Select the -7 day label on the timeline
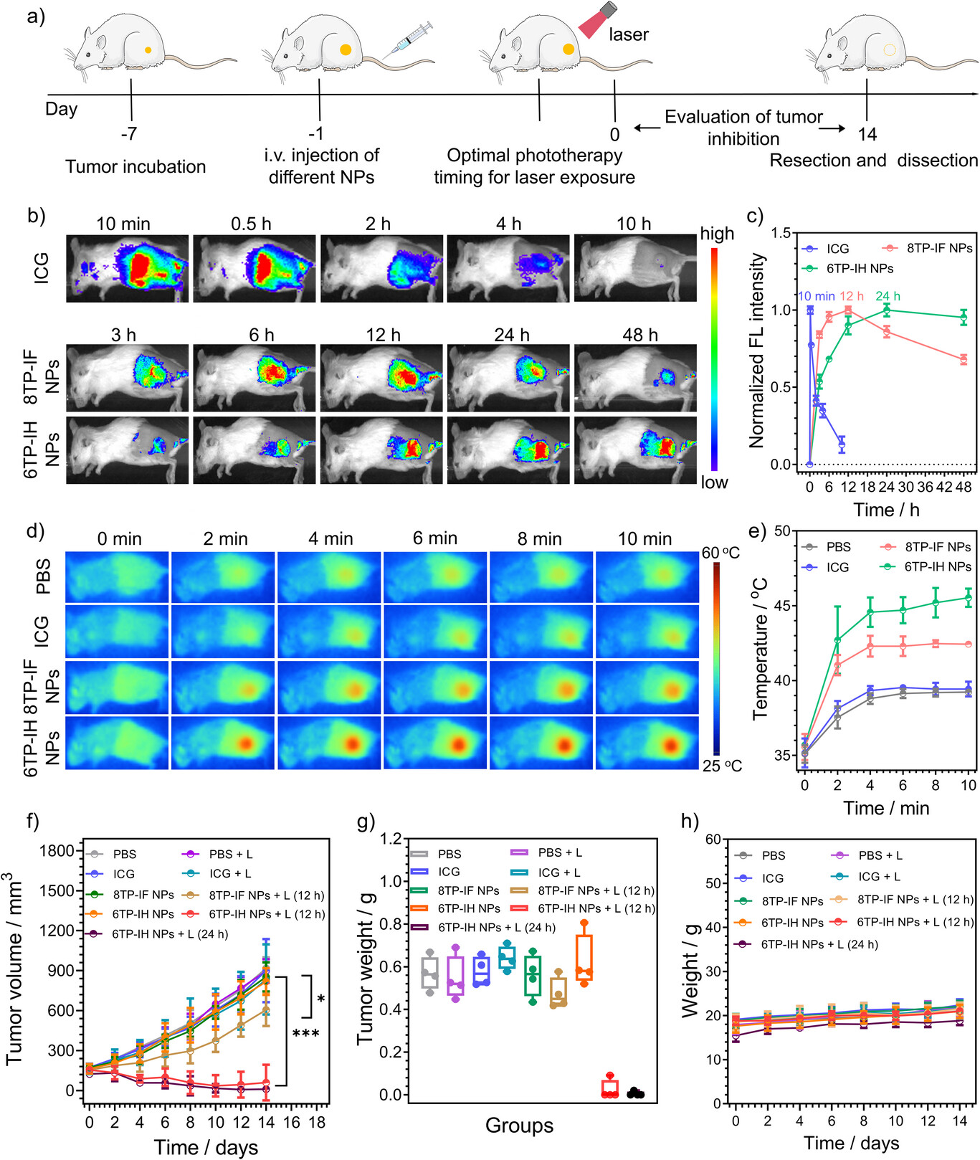tap(129, 133)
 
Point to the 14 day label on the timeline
tap(867, 134)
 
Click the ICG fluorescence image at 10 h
tap(635, 267)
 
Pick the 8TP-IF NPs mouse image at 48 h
tap(635, 377)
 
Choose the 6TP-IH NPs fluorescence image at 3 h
tap(128, 450)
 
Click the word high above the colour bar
tap(717, 234)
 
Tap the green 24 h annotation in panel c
tap(888, 296)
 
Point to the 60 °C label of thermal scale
tap(720, 553)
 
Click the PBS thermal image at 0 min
tap(118, 577)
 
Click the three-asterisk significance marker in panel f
tap(305, 1034)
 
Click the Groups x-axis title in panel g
tap(519, 1126)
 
